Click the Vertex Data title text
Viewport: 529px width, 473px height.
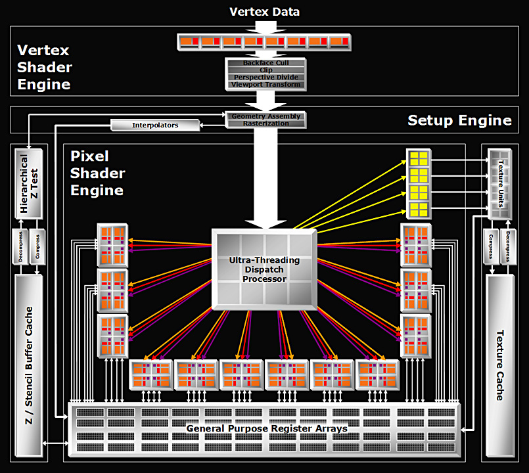pyautogui.click(x=265, y=12)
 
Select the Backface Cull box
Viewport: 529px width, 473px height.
pyautogui.click(x=266, y=63)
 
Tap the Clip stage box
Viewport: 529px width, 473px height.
pyautogui.click(x=266, y=70)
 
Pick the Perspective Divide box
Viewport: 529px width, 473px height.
pyautogui.click(x=266, y=78)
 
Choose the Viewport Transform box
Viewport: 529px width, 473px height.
pyautogui.click(x=266, y=85)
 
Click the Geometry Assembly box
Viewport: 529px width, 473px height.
pyautogui.click(x=266, y=116)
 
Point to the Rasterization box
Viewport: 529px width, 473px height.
pyautogui.click(x=266, y=124)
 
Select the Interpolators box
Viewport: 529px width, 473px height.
pyautogui.click(x=154, y=125)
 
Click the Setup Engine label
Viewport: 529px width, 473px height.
pyautogui.click(x=459, y=120)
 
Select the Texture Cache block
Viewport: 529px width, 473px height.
pyautogui.click(x=499, y=365)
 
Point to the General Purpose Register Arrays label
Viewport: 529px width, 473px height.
pyautogui.click(x=266, y=428)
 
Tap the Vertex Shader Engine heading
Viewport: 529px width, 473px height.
pyautogui.click(x=45, y=67)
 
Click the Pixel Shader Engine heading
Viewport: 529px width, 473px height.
pyautogui.click(x=97, y=173)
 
